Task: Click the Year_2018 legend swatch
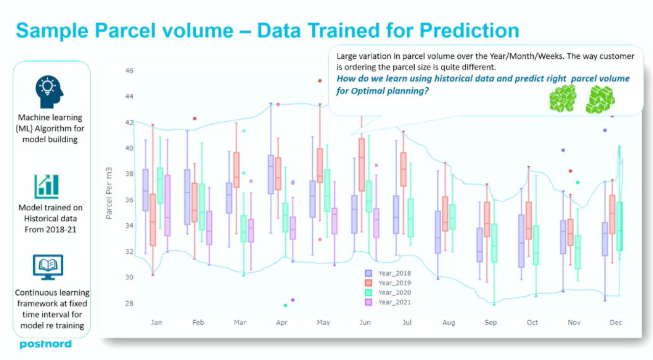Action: coord(368,273)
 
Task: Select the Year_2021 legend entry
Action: coord(388,302)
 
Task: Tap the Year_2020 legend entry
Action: coord(388,292)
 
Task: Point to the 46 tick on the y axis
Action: coord(129,71)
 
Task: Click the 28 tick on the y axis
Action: coord(129,303)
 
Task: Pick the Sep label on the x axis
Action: coord(491,322)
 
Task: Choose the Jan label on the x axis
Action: coord(156,322)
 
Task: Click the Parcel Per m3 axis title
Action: coord(109,193)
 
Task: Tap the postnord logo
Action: coord(45,344)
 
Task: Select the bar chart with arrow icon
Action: coord(46,186)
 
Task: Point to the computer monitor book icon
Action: coord(48,267)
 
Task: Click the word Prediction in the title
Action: coord(469,31)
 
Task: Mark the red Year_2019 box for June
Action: coord(362,165)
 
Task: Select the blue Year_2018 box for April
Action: coord(271,174)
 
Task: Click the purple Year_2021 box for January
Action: coord(167,205)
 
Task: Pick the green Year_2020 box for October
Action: coord(536,245)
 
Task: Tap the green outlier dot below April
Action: coord(285,305)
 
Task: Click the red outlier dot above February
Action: coord(195,118)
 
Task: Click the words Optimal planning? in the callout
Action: coord(390,91)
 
